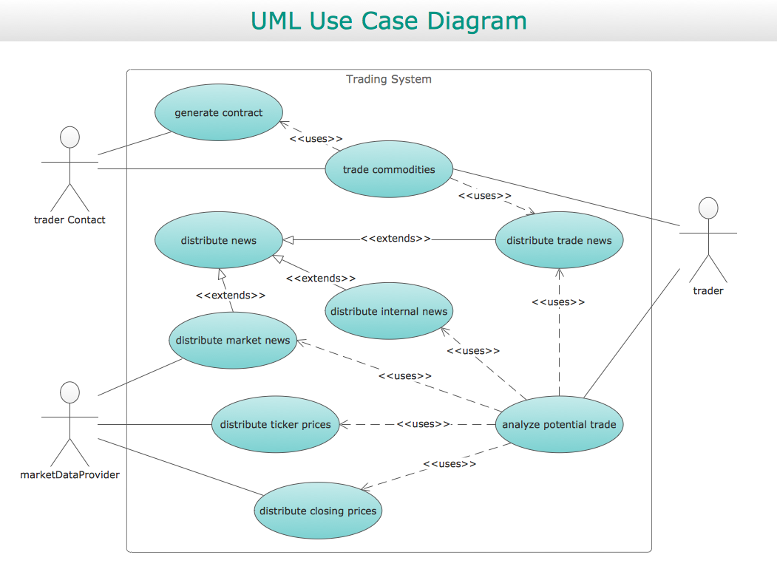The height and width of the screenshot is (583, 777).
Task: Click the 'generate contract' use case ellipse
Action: (x=219, y=113)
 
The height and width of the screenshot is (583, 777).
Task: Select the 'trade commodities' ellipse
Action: (x=389, y=169)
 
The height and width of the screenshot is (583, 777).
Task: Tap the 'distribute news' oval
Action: (x=219, y=240)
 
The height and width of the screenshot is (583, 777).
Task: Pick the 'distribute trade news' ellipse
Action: (x=559, y=240)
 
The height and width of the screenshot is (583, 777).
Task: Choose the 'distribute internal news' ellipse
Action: (x=389, y=311)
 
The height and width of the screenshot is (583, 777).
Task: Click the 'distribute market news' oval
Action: (x=233, y=340)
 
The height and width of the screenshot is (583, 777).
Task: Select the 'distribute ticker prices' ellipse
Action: (x=276, y=424)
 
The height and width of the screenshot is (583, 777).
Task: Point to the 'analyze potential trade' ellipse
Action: (x=559, y=424)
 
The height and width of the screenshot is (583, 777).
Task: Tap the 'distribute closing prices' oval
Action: (x=318, y=511)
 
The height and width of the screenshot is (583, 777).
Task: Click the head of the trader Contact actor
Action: (x=69, y=137)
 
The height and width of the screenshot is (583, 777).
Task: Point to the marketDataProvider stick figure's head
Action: (x=69, y=392)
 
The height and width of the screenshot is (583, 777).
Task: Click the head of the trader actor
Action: (x=708, y=208)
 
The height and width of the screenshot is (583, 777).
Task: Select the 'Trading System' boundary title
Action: (x=389, y=79)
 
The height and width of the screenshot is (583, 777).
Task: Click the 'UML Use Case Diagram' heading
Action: (x=389, y=21)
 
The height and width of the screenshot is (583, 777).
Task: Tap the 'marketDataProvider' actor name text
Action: (x=69, y=474)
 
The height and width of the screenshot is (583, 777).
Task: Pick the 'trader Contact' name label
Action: (x=69, y=219)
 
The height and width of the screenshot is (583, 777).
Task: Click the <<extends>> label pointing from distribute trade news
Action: (x=396, y=239)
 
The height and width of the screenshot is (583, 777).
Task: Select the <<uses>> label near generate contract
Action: (x=316, y=139)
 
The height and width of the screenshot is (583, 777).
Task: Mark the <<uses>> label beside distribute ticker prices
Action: (x=423, y=424)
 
